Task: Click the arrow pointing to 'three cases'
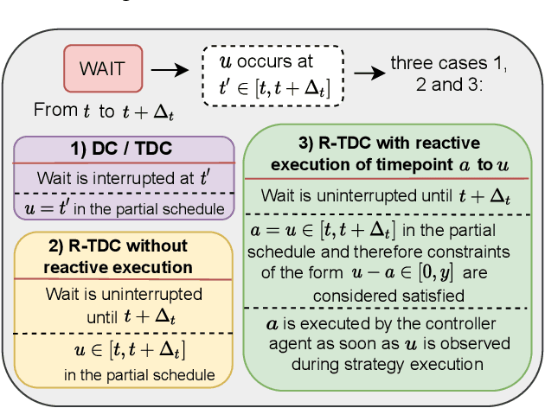pos(367,73)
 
